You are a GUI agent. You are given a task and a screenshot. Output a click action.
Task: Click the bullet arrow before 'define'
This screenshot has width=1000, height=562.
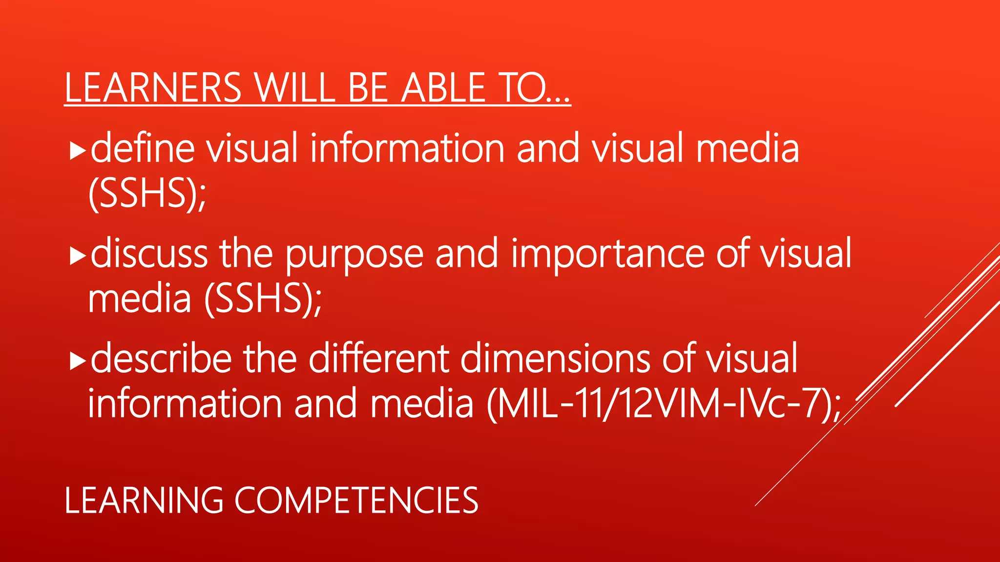click(x=78, y=151)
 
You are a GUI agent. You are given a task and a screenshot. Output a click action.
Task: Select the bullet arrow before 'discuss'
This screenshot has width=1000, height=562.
click(x=78, y=256)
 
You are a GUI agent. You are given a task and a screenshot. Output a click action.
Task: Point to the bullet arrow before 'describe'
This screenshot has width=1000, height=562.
click(x=78, y=361)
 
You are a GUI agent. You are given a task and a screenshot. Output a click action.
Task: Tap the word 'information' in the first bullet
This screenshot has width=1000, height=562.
click(x=407, y=148)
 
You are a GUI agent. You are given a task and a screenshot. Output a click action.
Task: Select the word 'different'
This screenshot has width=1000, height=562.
click(x=378, y=359)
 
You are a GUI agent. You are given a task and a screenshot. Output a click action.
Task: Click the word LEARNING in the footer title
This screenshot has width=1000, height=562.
click(x=144, y=501)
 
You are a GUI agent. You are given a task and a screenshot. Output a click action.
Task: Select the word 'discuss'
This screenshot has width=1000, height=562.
click(x=149, y=254)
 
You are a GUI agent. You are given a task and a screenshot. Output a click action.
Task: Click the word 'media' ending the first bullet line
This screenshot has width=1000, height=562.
click(x=747, y=148)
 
